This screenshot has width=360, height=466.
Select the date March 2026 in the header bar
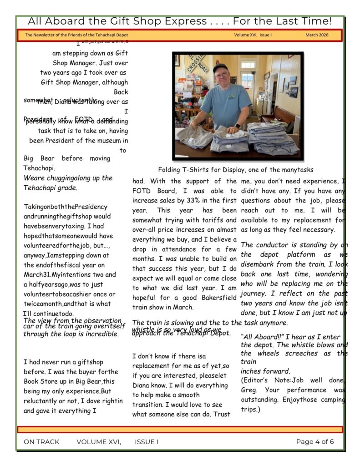pos(317,35)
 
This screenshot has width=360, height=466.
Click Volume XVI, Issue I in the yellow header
pos(253,35)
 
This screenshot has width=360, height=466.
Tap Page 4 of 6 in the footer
pos(315,441)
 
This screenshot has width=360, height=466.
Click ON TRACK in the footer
pos(41,441)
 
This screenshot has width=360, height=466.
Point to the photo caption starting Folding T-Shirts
pos(236,170)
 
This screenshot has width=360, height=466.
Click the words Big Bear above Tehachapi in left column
pos(39,158)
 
